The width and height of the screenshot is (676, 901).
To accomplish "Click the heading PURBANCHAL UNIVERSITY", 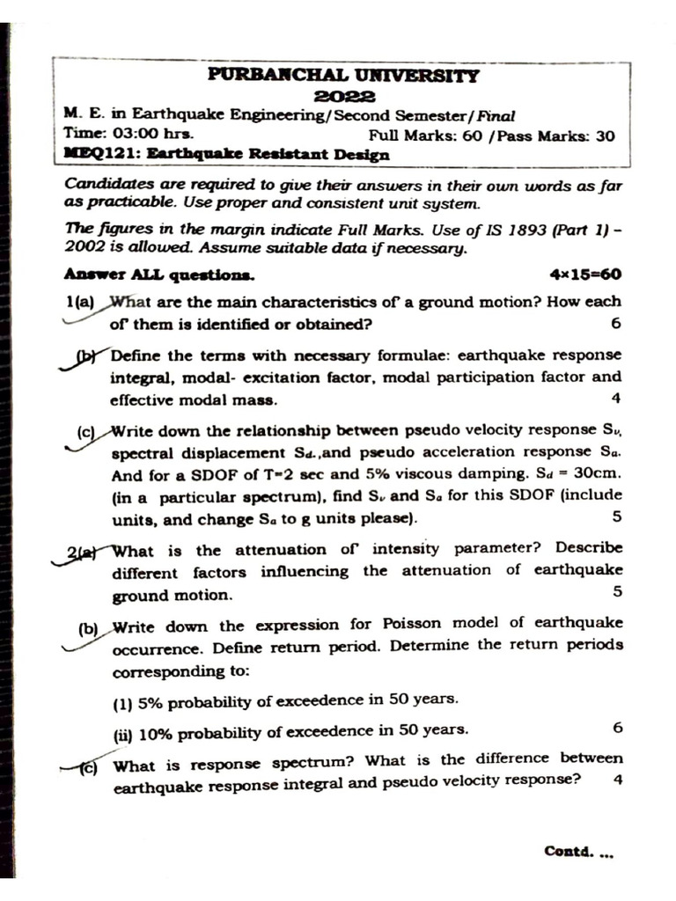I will [x=344, y=76].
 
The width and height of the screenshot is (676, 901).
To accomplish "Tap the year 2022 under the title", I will [x=344, y=96].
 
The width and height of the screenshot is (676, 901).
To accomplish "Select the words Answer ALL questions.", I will [x=159, y=275].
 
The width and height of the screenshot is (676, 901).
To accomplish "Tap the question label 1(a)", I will [x=82, y=302].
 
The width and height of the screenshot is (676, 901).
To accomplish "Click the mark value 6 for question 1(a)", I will [x=615, y=323].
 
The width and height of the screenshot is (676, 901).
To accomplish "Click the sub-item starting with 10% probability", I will [x=290, y=730].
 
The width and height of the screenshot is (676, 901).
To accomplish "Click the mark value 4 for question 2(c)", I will [x=616, y=780].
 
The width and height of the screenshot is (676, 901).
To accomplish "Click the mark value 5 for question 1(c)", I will [x=616, y=516].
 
